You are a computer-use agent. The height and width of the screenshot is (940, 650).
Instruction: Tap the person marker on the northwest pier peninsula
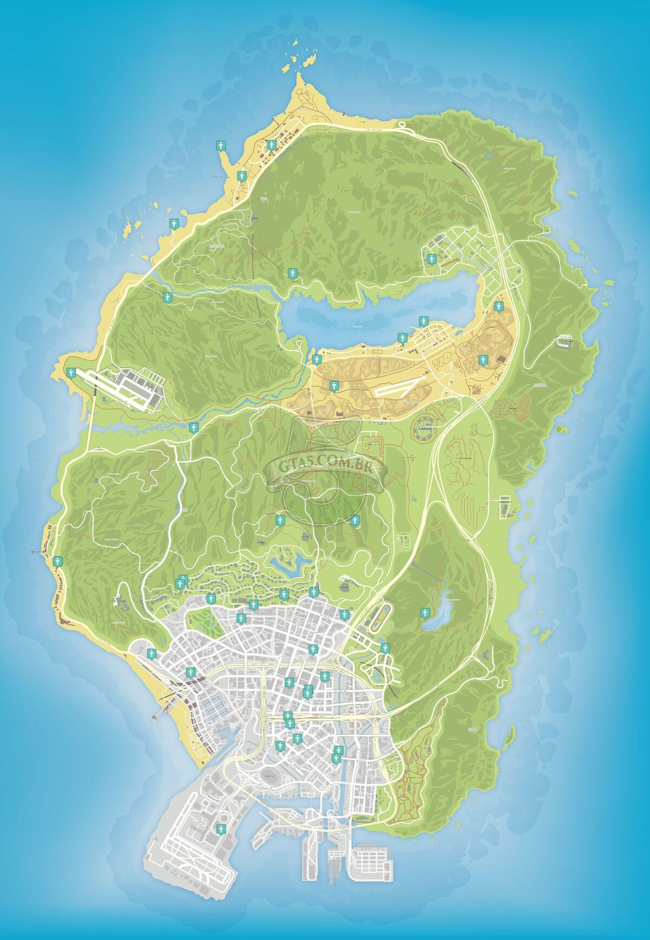(x=220, y=145)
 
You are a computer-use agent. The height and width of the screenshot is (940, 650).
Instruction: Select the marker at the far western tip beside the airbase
(x=70, y=372)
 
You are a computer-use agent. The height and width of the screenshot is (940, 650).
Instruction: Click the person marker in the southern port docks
(x=219, y=828)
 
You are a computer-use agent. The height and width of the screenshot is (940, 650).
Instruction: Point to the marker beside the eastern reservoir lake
(x=424, y=612)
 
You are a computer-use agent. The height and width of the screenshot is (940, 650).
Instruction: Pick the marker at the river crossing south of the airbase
(x=194, y=427)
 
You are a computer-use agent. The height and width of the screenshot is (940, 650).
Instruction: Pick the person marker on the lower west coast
(x=57, y=562)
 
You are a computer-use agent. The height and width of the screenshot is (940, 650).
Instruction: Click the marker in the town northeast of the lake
(x=431, y=258)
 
